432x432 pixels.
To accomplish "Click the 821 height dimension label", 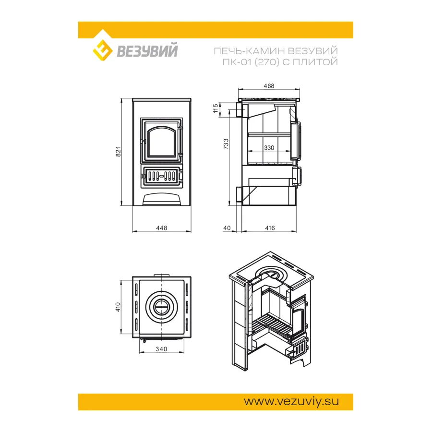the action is pos(118,152).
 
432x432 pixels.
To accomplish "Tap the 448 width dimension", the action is pos(161,228).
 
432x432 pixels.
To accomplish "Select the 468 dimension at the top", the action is pos(269,86).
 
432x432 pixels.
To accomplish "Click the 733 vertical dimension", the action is pos(226,144).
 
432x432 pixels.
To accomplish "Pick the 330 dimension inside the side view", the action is pos(269,148).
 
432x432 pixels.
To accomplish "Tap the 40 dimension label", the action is pos(227,228).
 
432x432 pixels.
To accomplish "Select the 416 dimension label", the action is pos(270,228).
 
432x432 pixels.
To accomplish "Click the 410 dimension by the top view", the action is pos(118,307).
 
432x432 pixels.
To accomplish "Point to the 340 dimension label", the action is pos(161,349).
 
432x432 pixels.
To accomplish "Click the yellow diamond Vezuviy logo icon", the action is pos(103,50).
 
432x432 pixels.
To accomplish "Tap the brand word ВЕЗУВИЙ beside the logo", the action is pos(147,51).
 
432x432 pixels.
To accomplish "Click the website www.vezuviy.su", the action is pos(291,401).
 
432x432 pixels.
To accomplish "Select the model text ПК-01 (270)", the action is pos(251,62).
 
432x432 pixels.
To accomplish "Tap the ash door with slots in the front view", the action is pos(161,176).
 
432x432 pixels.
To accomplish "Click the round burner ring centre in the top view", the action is pos(161,307).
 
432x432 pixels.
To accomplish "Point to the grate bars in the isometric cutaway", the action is pos(271,324).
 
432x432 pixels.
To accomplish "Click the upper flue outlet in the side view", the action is pos(239,109).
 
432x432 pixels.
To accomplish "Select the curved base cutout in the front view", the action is pos(162,199).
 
